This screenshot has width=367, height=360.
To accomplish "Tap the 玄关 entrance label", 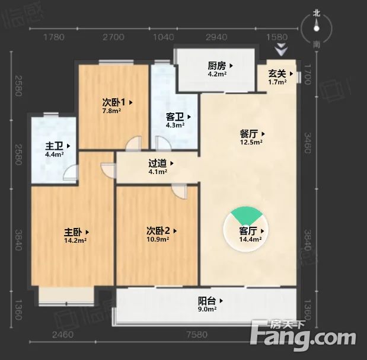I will click(x=277, y=74).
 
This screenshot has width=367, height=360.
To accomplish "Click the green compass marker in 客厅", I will click(x=244, y=216).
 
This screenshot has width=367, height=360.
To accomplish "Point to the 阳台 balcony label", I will click(x=207, y=300).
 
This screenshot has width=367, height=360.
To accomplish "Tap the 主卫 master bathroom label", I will click(x=55, y=146).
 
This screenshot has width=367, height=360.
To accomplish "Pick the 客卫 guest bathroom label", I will click(x=175, y=117).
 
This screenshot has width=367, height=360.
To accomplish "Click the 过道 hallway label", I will click(x=158, y=163).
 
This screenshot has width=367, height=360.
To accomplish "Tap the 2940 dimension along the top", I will click(x=216, y=37).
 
